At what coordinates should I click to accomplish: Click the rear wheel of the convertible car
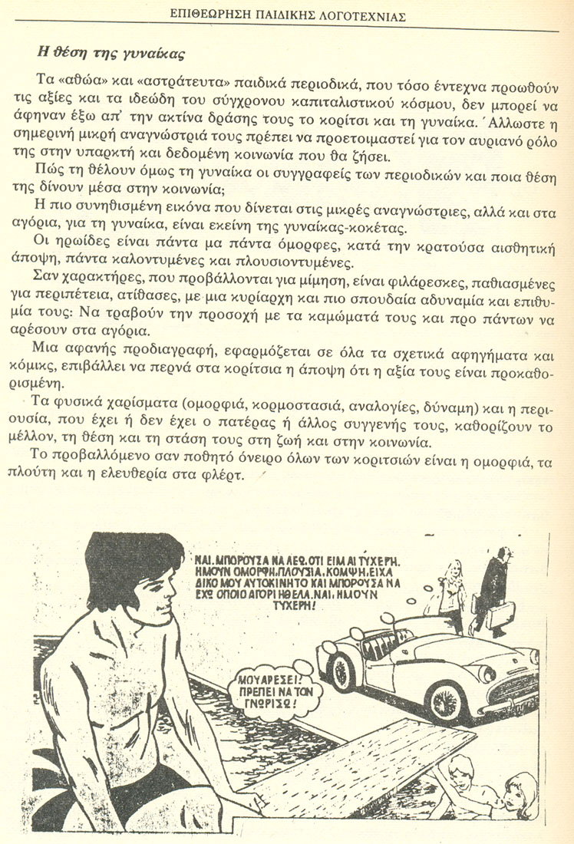click(x=340, y=671)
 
